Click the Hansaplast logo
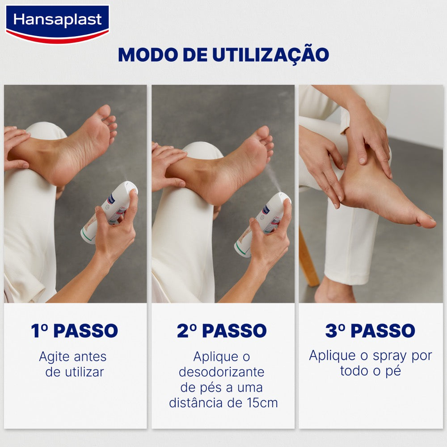[x=57, y=24]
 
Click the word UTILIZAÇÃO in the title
[x=270, y=55]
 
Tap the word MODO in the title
[x=148, y=55]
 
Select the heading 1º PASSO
[x=74, y=331]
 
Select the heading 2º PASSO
[x=222, y=331]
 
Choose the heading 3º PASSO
[x=370, y=331]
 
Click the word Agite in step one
[x=54, y=357]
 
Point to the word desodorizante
[x=222, y=372]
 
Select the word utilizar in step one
[x=84, y=372]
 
